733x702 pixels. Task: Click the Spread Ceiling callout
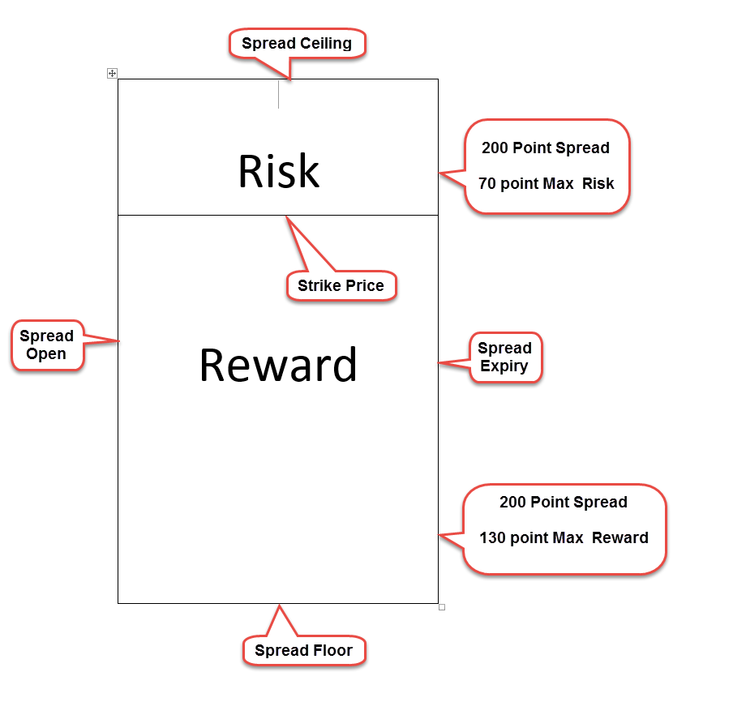297,44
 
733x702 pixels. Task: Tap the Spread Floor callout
304,649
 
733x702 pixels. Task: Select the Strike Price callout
341,285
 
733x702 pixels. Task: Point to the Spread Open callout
47,345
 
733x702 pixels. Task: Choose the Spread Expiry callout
505,357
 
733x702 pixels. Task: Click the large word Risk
279,171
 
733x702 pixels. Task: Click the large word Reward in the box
278,365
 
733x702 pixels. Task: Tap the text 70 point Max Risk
546,184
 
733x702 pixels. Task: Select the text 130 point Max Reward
564,538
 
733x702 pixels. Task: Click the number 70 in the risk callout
487,184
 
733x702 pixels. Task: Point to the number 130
492,538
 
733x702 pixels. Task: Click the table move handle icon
112,74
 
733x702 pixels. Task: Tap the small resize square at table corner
442,607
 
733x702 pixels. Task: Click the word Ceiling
326,44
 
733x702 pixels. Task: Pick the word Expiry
504,366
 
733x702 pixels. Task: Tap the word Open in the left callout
46,353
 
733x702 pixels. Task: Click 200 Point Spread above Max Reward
564,502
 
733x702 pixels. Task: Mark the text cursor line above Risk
279,94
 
